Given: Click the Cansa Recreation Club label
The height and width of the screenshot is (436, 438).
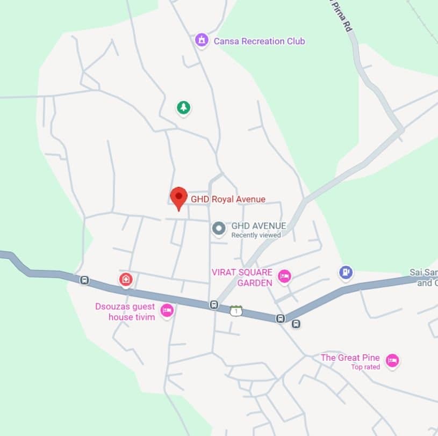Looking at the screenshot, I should coord(259,41).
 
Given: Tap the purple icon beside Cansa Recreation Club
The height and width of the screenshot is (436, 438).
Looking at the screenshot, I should coord(202,40).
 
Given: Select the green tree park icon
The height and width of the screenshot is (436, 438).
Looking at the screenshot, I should coord(184,107).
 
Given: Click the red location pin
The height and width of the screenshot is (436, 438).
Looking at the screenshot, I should coord(178,197).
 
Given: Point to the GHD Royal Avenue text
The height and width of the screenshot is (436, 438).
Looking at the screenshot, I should coord(228,199).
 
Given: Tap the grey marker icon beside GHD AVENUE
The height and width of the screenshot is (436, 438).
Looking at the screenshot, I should coord(219,229).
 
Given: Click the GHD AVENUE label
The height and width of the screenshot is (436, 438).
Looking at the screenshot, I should coord(259,226).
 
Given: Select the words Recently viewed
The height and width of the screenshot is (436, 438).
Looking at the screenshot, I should coord(256,235).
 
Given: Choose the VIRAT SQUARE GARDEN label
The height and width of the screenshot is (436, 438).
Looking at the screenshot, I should coord(242,278).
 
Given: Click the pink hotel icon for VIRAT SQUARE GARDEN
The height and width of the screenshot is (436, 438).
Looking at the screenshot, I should coord(284,277).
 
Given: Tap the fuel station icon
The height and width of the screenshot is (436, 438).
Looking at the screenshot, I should coord(346,272).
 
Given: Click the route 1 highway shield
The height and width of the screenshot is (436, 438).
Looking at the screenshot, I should coord(236,310).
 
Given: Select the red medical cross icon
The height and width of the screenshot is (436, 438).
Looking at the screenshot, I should coord(126,279).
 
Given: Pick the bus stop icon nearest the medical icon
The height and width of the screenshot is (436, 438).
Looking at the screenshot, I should coord(84,280).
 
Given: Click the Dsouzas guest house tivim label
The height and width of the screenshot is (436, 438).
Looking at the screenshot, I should coord(125,312).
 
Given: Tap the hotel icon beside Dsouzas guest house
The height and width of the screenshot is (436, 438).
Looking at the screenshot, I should coord(167,310).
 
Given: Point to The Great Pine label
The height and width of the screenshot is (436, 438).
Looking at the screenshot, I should coord(350,358).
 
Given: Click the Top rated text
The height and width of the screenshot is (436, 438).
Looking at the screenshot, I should coord(365,367).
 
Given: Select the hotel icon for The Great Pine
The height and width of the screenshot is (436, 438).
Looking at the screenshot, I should coord(392,361).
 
